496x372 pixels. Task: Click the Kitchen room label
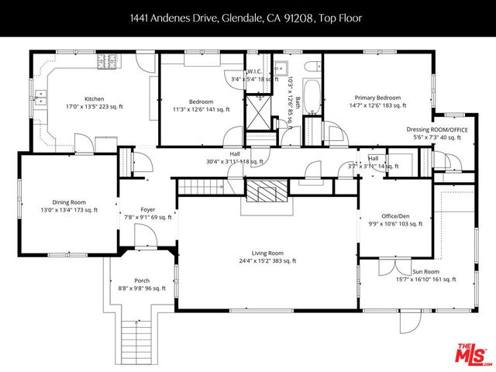click(x=94, y=99)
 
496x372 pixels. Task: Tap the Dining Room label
click(x=69, y=201)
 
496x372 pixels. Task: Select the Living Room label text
click(x=267, y=253)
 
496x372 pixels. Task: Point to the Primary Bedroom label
click(x=377, y=98)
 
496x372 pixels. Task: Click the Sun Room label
click(x=425, y=272)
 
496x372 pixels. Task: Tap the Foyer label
click(x=147, y=210)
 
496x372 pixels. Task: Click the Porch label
click(x=142, y=281)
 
